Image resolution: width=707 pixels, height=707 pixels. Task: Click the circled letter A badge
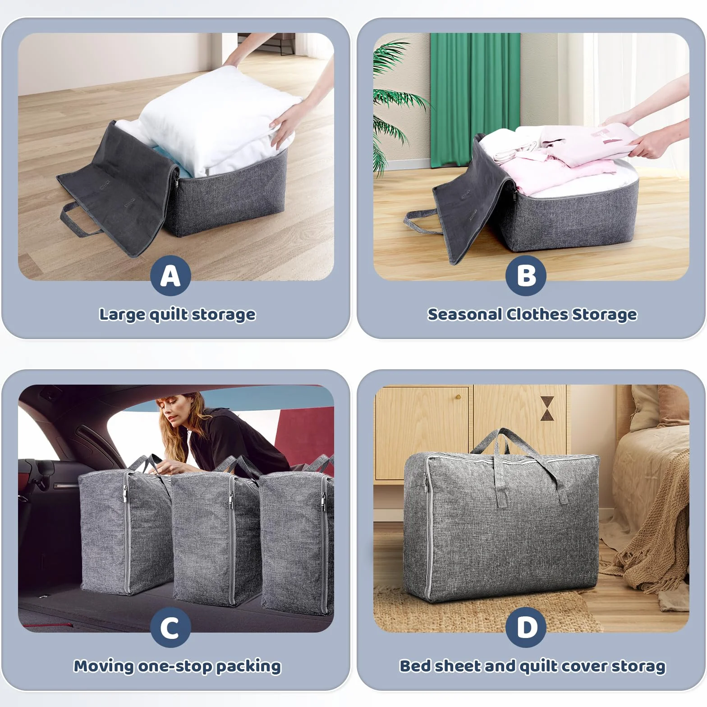(170, 275)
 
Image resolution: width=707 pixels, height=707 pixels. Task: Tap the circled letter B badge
(526, 275)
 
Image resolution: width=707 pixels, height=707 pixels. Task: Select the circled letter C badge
(170, 627)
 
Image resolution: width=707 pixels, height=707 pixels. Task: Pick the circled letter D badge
(526, 627)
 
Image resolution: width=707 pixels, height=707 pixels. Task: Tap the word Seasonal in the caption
(465, 314)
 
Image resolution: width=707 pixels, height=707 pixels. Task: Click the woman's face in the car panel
(170, 413)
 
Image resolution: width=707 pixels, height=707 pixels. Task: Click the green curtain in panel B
(475, 99)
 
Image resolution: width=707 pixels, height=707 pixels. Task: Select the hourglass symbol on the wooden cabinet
(547, 409)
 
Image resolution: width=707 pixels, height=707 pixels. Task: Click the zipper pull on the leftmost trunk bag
(126, 499)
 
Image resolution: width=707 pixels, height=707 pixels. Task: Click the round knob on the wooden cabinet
(458, 397)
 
